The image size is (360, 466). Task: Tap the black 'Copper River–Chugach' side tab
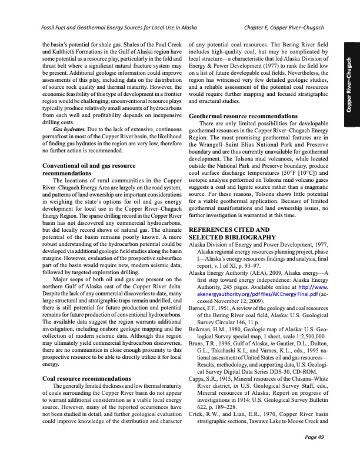click(350, 82)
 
